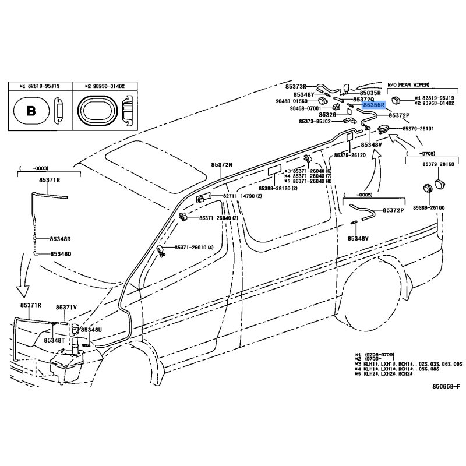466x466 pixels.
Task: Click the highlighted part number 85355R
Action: click(373, 106)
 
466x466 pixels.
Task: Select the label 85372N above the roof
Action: click(221, 165)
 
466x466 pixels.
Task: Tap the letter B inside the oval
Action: click(31, 111)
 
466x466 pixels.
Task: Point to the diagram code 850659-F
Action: click(446, 386)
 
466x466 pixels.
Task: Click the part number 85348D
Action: click(60, 254)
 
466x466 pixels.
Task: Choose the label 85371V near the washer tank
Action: click(66, 307)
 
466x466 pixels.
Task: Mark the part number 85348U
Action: click(91, 330)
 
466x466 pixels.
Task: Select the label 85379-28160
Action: click(438, 165)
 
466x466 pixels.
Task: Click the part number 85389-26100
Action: click(429, 207)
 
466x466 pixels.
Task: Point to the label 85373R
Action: click(296, 86)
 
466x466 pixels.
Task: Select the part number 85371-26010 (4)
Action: click(195, 248)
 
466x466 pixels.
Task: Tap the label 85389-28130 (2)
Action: click(279, 188)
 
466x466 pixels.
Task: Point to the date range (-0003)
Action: click(31, 168)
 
